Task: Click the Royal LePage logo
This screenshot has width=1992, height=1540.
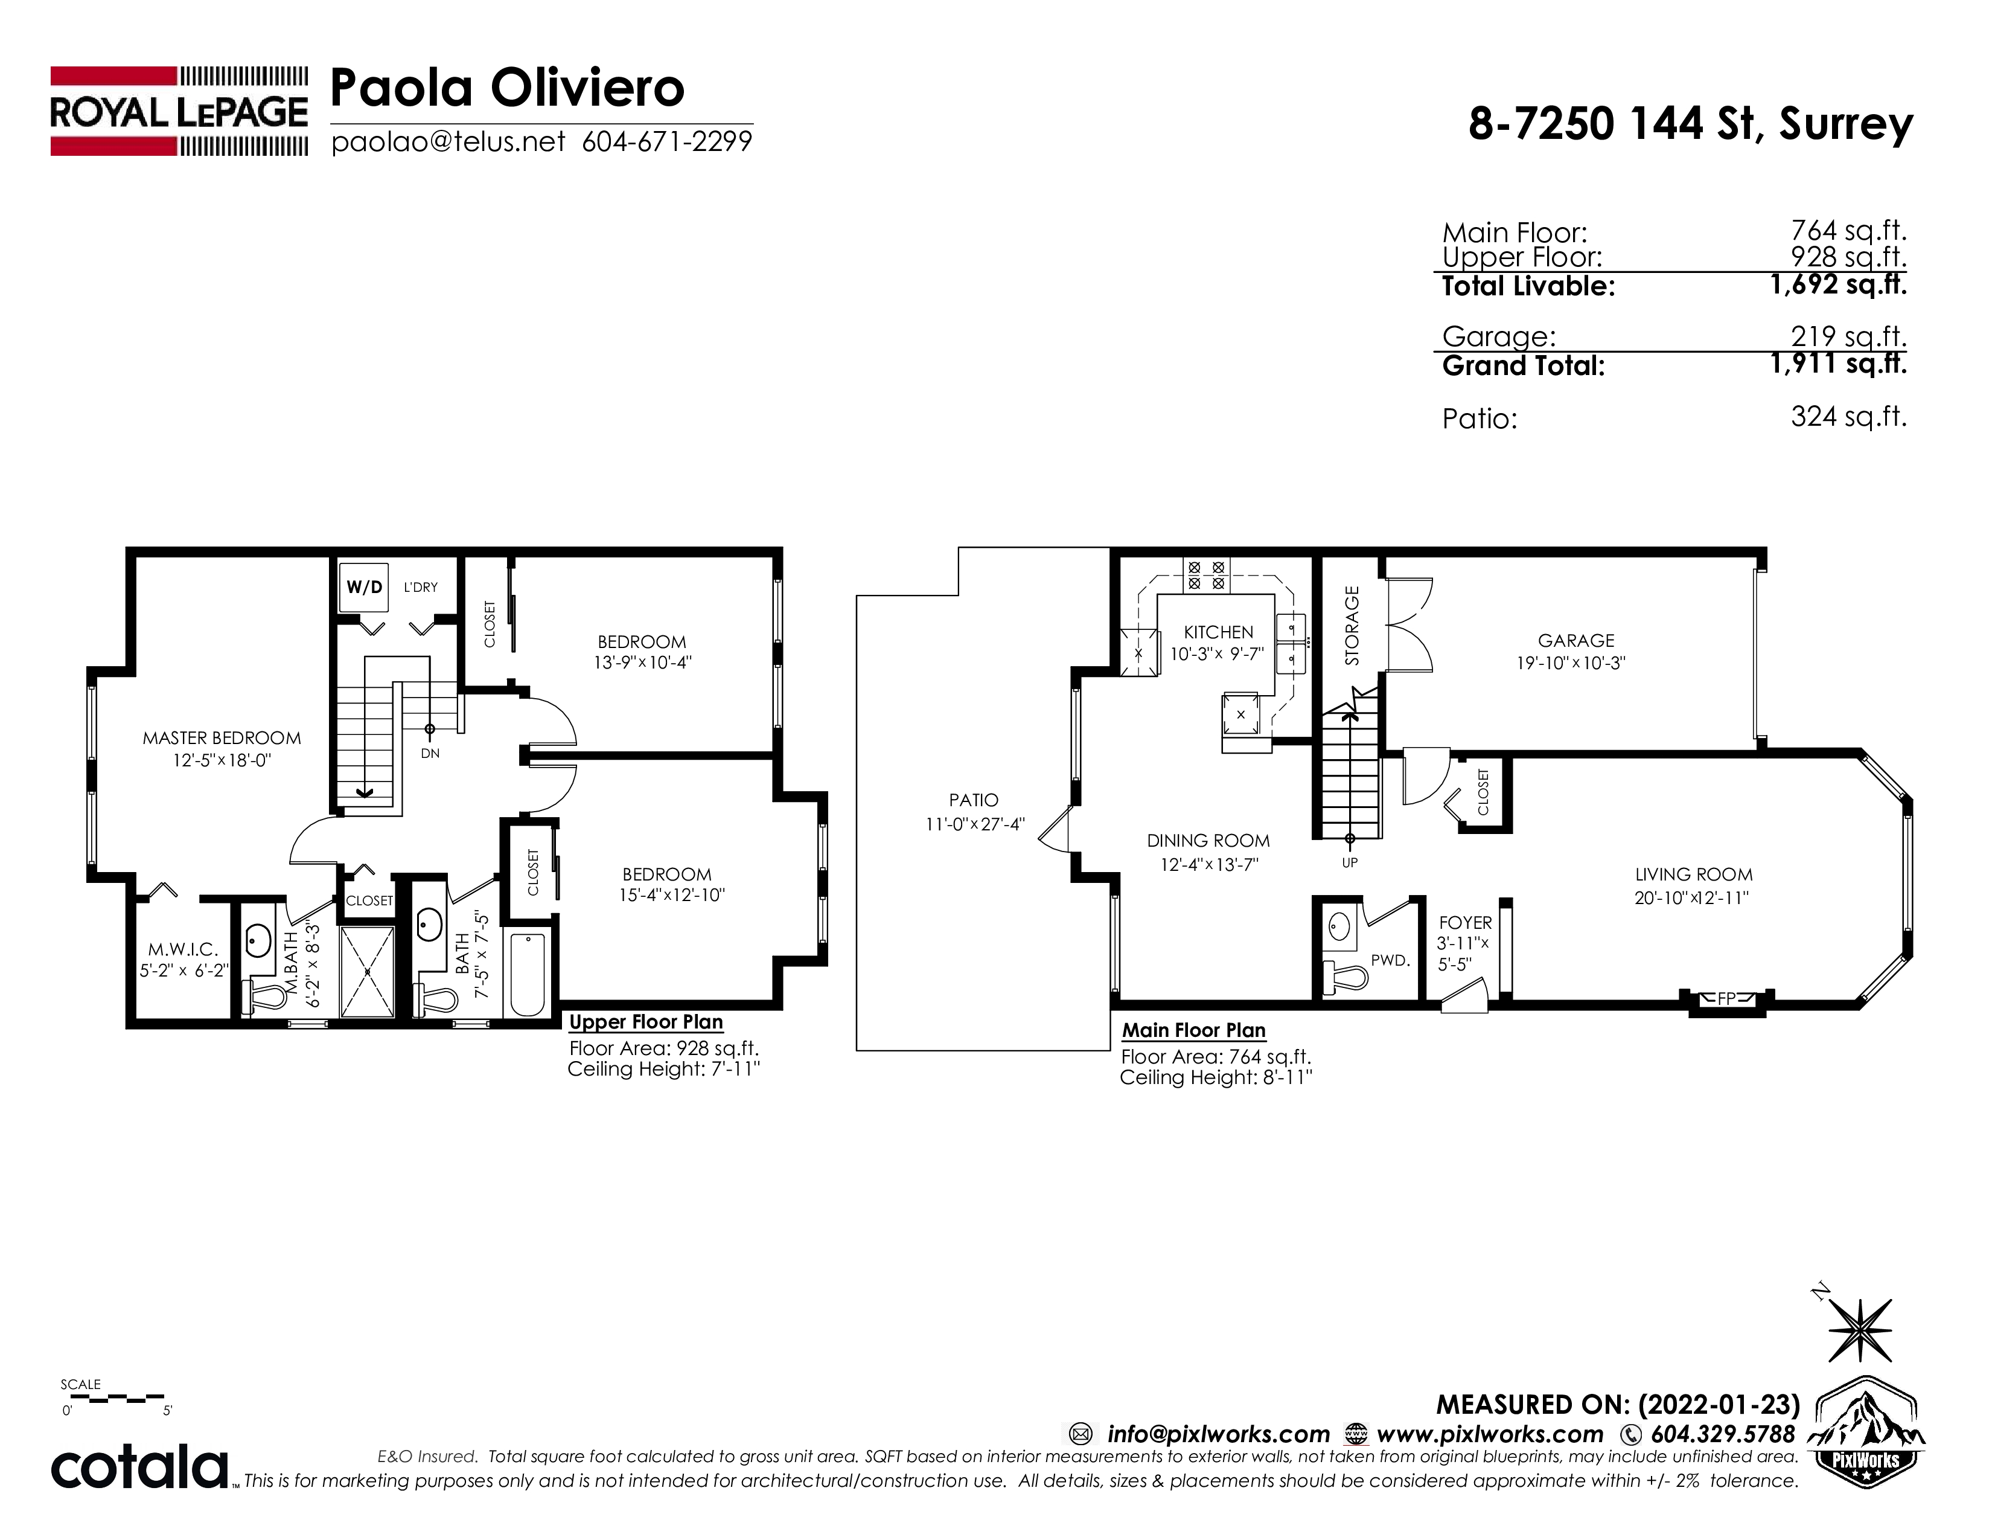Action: tap(179, 111)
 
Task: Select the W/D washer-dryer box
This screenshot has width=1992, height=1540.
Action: tap(364, 586)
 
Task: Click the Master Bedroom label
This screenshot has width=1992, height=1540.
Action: tap(222, 738)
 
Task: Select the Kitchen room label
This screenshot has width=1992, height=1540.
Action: tap(1219, 632)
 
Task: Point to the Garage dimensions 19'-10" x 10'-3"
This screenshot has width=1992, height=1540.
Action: tap(1571, 663)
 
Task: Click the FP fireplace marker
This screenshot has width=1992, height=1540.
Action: tap(1726, 999)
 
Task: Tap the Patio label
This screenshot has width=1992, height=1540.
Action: tap(973, 800)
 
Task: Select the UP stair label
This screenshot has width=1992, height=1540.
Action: tap(1350, 862)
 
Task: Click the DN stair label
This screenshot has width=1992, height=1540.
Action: tap(430, 754)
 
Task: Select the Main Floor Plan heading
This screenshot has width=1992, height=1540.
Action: tap(1194, 1030)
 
